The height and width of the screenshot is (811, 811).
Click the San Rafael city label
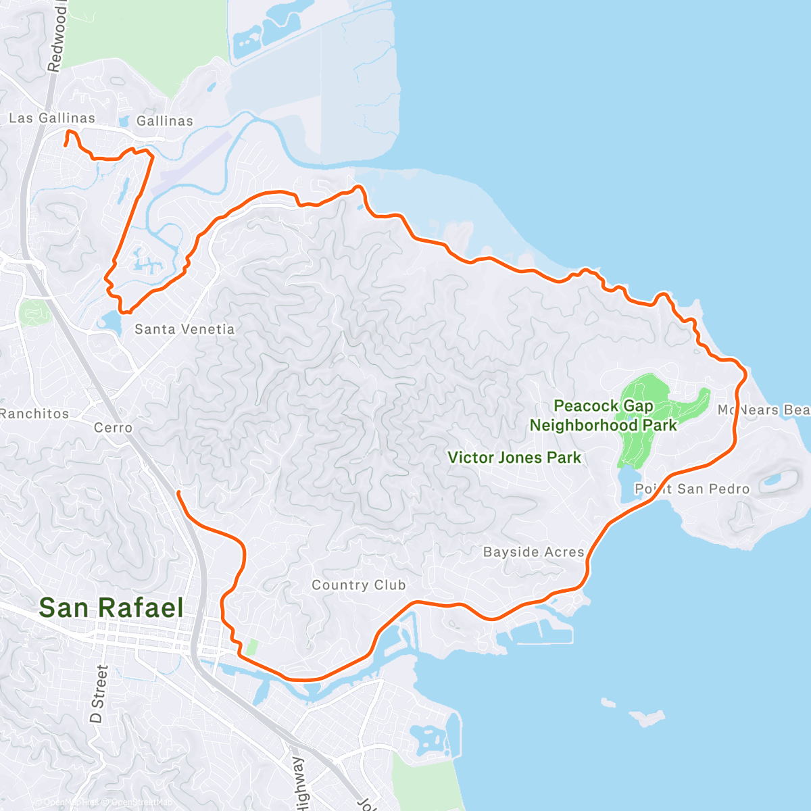pyautogui.click(x=111, y=608)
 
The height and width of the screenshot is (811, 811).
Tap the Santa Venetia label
pyautogui.click(x=185, y=329)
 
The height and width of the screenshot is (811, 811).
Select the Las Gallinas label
pyautogui.click(x=52, y=118)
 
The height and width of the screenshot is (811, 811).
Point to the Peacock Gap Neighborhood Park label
pyautogui.click(x=603, y=416)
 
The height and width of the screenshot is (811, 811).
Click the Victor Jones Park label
pyautogui.click(x=514, y=458)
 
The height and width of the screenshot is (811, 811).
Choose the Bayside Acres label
pyautogui.click(x=533, y=552)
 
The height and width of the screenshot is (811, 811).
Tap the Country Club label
pyautogui.click(x=358, y=585)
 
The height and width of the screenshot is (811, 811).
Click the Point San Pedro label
pyautogui.click(x=692, y=489)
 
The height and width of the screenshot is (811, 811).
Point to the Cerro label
pyautogui.click(x=113, y=428)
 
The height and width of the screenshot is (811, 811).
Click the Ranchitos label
pyautogui.click(x=34, y=414)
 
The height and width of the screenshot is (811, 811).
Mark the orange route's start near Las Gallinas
pyautogui.click(x=66, y=145)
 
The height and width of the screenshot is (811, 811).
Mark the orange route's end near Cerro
pyautogui.click(x=178, y=493)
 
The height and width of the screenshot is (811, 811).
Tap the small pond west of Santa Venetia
pyautogui.click(x=110, y=320)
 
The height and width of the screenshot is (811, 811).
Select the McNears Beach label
pyautogui.click(x=764, y=410)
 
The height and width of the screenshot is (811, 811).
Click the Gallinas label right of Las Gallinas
pyautogui.click(x=164, y=121)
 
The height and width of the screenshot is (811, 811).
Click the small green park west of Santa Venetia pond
pyautogui.click(x=32, y=312)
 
